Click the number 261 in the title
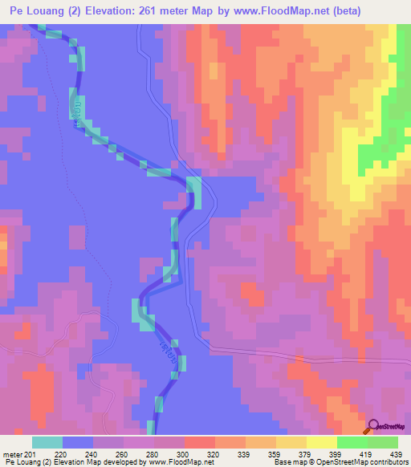(152, 11)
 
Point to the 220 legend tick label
(63, 455)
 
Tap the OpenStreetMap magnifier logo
(374, 427)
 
